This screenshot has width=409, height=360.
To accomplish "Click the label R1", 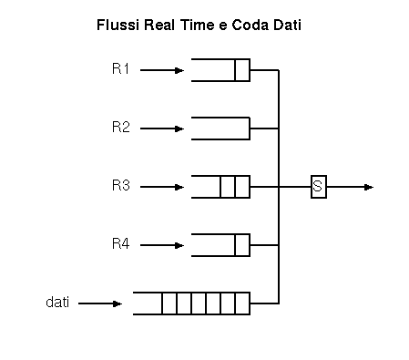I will [x=121, y=68].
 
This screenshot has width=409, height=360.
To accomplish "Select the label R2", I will [x=121, y=127].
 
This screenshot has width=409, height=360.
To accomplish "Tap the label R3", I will [x=121, y=185].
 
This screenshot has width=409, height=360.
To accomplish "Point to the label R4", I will [x=121, y=243].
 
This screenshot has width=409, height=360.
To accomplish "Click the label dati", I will [x=58, y=301].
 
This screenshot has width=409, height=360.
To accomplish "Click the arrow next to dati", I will [x=100, y=303].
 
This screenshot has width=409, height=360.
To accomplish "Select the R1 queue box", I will [x=220, y=69].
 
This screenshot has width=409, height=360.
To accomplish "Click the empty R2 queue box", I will [x=220, y=128].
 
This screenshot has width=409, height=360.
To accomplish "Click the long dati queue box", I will [x=191, y=303].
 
